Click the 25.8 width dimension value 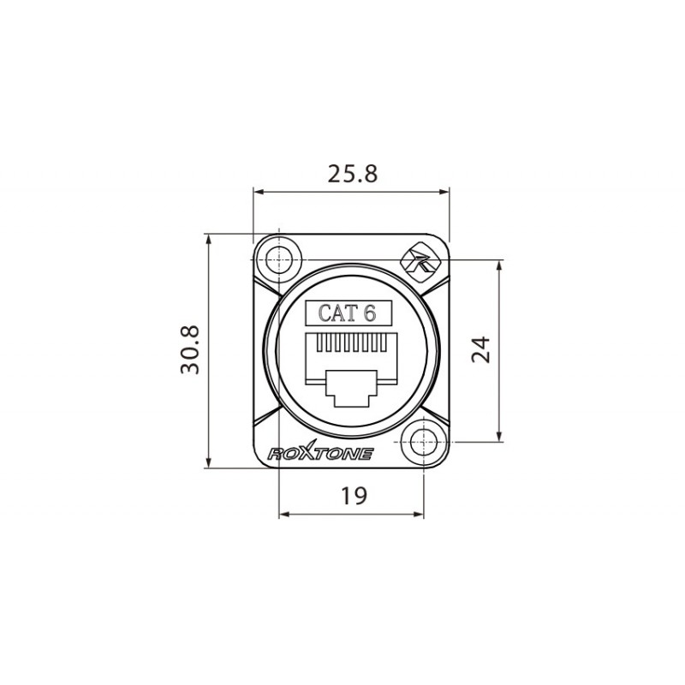tap(352, 174)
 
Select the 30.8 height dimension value tap(189, 349)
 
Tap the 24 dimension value tap(482, 349)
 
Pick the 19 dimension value tap(352, 495)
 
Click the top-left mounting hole tap(279, 258)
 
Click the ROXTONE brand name tap(320, 454)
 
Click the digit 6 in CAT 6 tap(370, 313)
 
